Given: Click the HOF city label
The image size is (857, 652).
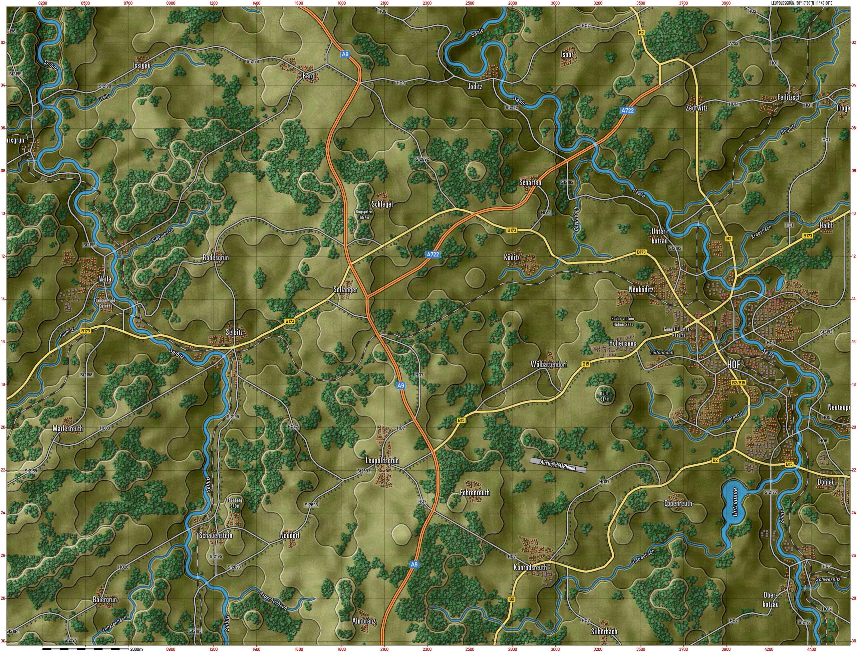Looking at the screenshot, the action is pyautogui.click(x=733, y=364).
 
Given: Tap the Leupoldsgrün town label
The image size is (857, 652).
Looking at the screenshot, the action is pyautogui.click(x=382, y=461).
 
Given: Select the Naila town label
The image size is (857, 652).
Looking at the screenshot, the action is pyautogui.click(x=105, y=279).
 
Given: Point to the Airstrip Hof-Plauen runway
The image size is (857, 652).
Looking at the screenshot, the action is pyautogui.click(x=558, y=464).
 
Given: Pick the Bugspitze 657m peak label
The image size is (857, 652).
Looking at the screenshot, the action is pyautogui.click(x=364, y=215).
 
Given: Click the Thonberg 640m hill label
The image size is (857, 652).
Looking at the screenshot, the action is pyautogui.click(x=235, y=503).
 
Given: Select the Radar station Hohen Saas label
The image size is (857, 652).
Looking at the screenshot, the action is pyautogui.click(x=623, y=321).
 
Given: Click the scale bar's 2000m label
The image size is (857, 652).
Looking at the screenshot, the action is pyautogui.click(x=136, y=649).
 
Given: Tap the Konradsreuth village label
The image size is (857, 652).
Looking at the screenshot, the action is pyautogui.click(x=530, y=567).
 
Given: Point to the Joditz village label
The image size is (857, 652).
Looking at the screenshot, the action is pyautogui.click(x=475, y=87).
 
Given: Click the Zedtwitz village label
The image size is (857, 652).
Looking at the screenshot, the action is pyautogui.click(x=696, y=108).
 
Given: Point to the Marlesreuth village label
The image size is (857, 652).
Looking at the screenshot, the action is pyautogui.click(x=68, y=429).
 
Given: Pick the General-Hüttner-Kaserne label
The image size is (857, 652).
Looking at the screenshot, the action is pyautogui.click(x=678, y=332).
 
